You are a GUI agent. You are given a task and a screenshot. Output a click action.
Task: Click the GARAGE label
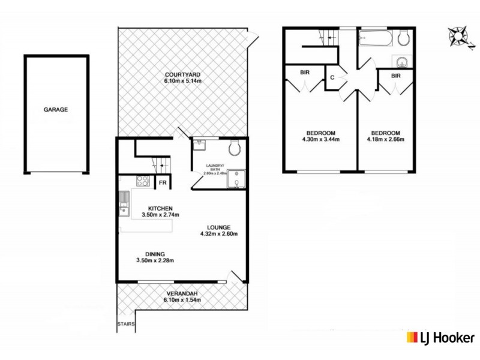pos(55,110)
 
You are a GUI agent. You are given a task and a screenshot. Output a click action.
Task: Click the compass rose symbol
pos(459,37)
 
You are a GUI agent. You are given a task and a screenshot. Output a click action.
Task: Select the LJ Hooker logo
pos(441,337)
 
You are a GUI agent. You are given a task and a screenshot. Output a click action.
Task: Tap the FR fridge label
pos(161,183)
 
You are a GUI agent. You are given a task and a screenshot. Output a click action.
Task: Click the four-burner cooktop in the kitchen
pos(144,181)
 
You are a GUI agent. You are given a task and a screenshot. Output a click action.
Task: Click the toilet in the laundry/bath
pos(236,147)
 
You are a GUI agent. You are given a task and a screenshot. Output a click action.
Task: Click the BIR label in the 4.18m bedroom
pos(395,76)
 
